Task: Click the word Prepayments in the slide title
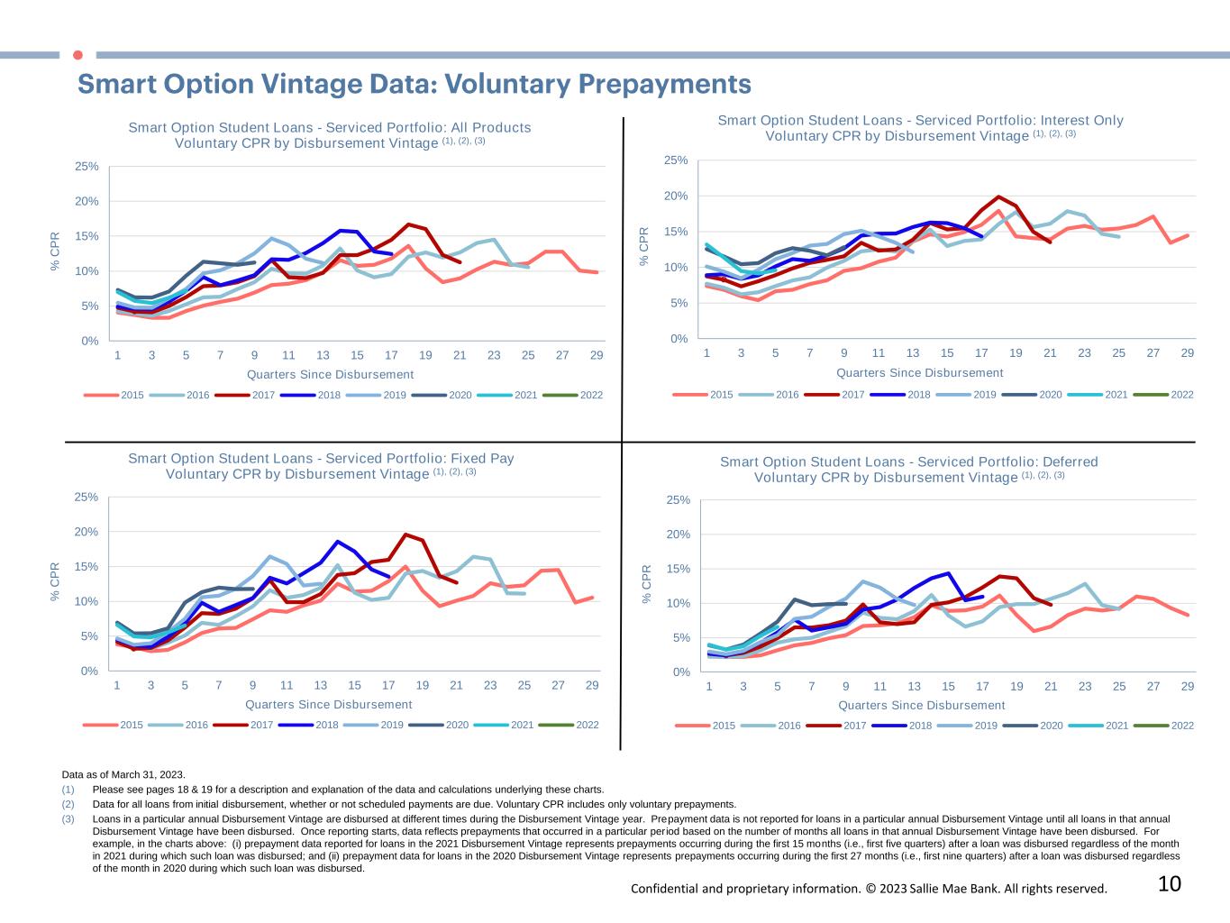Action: coord(664,84)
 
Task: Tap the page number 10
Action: coord(1169,884)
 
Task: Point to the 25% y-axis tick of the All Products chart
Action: coord(87,167)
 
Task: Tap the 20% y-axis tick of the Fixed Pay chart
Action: coord(87,532)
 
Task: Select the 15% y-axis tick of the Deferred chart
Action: coord(679,569)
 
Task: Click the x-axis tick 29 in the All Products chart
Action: coord(597,355)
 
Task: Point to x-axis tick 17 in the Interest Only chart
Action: coord(981,353)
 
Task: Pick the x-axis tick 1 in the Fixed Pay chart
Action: coord(117,685)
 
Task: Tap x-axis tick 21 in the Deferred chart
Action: coord(1051,687)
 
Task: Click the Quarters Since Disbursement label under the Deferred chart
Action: coord(921,706)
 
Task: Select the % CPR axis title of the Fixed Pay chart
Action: coord(55,582)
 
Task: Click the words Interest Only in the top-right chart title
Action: coord(1081,120)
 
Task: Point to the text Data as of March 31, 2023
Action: coord(123,774)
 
